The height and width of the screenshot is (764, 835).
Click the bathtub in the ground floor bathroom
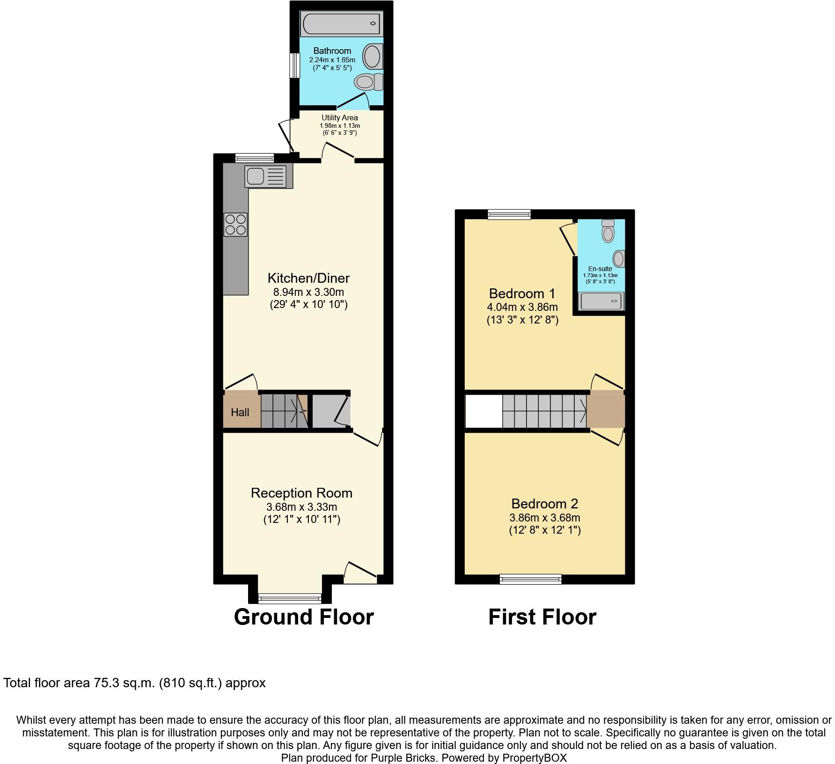point(341,23)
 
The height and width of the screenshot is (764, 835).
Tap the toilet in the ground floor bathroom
point(369,82)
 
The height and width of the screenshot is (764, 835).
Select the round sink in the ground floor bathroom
point(373,56)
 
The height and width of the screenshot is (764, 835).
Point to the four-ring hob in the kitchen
point(235,224)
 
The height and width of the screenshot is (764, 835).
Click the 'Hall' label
point(240,412)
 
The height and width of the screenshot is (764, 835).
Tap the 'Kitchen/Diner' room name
point(308,278)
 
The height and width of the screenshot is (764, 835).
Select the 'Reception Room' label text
point(301,493)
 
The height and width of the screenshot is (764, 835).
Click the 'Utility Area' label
point(339,118)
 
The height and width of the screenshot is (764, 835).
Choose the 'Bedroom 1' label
point(522,294)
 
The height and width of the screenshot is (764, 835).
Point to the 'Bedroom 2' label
point(545,504)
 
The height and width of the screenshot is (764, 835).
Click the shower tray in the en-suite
point(602,301)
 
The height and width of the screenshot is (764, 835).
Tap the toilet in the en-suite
point(608,230)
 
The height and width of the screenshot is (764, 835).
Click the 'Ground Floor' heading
point(304,617)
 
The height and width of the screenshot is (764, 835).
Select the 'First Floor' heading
point(542,617)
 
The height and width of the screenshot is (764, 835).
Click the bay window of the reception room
point(290,598)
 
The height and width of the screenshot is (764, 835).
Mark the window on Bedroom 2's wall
point(530,579)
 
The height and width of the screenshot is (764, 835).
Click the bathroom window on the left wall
point(294,66)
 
